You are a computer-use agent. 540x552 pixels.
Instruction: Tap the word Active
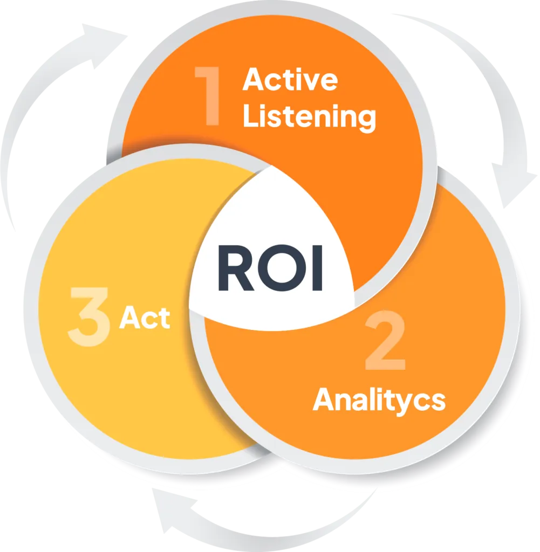click(x=290, y=79)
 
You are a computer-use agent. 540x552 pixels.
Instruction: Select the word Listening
click(x=309, y=117)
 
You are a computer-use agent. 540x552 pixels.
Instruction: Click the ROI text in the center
click(x=270, y=268)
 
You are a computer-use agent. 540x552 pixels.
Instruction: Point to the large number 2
click(x=385, y=340)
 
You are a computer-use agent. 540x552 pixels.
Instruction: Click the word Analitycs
click(x=379, y=401)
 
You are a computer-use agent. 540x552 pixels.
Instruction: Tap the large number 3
click(x=88, y=316)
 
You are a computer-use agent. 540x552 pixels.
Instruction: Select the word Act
click(x=145, y=318)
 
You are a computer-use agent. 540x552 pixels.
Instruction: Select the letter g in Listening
click(x=367, y=120)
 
